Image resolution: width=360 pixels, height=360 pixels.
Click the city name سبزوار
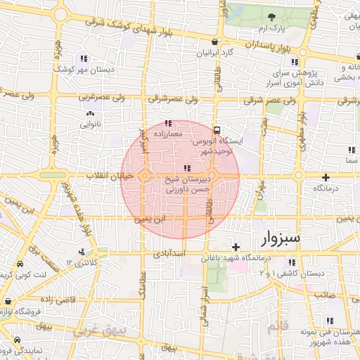coord(281,238)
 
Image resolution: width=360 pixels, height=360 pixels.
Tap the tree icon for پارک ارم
coord(272,16)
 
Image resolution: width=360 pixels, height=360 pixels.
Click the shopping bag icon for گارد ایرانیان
coord(221,41)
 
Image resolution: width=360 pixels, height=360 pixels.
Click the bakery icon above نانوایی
coord(89,113)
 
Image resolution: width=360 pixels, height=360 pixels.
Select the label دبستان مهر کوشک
coord(88,70)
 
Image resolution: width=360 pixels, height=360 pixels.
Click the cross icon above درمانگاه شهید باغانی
coord(236,246)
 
